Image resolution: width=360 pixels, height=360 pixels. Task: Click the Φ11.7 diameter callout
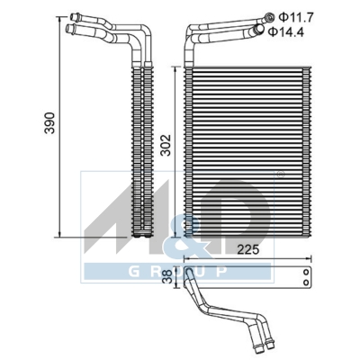pyautogui.click(x=293, y=16)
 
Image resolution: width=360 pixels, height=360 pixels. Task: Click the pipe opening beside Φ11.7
pyautogui.click(x=266, y=16)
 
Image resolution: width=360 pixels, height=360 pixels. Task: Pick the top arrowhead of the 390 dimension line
pyautogui.click(x=59, y=13)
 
